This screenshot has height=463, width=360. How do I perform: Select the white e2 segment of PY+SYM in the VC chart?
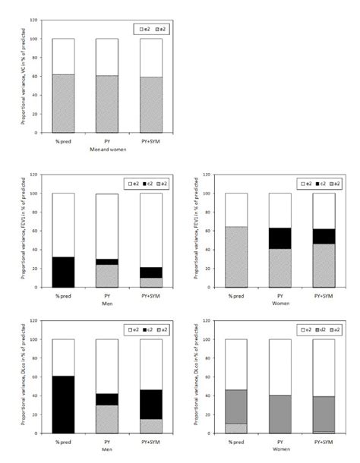click(x=152, y=57)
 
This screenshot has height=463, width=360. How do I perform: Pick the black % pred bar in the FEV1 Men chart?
click(x=63, y=272)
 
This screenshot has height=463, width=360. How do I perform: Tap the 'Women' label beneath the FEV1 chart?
click(x=281, y=301)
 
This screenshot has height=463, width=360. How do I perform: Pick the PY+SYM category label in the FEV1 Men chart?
click(x=152, y=294)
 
